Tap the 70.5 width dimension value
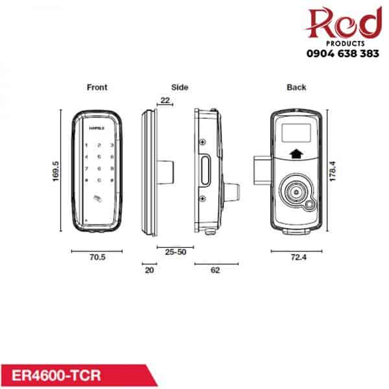(x=97, y=257)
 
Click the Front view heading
(x=97, y=87)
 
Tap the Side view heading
(x=180, y=87)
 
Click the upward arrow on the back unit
(x=296, y=154)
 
